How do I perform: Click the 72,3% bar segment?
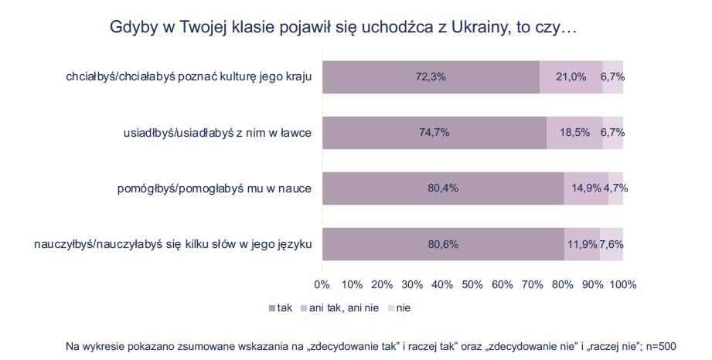[x=431, y=76]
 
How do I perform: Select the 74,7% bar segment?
[x=434, y=132]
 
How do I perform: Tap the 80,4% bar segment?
[x=443, y=188]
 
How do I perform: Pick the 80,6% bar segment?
[x=443, y=244]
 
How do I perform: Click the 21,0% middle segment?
[x=571, y=76]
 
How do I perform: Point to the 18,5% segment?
[x=574, y=132]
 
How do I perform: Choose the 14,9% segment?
[x=586, y=188]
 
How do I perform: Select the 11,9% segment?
[x=582, y=244]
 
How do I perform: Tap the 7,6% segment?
[x=612, y=244]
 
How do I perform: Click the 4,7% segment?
[x=615, y=188]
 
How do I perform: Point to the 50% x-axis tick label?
[x=472, y=284]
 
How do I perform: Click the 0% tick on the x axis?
[x=322, y=284]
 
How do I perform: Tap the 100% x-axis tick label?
[x=623, y=284]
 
